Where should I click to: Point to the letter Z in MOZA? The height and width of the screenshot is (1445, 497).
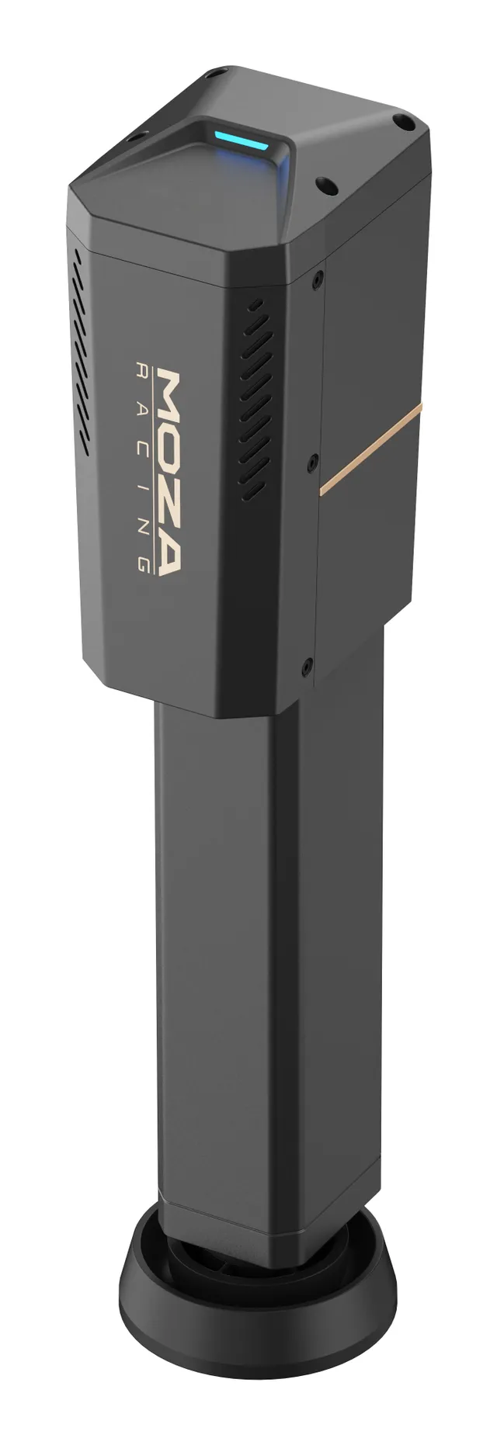pyautogui.click(x=169, y=493)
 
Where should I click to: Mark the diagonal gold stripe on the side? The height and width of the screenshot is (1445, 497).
pyautogui.click(x=370, y=448)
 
